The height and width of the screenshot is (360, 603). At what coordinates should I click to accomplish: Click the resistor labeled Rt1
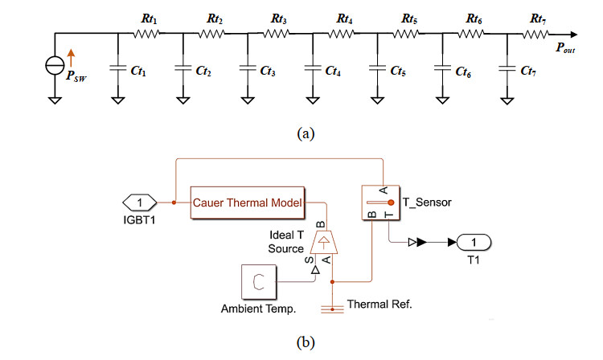pyautogui.click(x=148, y=33)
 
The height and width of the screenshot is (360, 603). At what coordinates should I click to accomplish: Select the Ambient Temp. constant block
pyautogui.click(x=258, y=281)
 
